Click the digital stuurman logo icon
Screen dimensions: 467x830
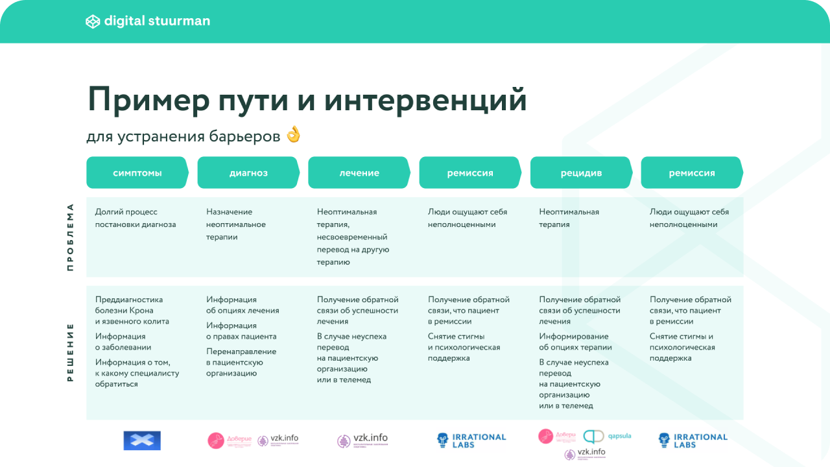coord(93,21)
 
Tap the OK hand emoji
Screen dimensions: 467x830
coord(294,135)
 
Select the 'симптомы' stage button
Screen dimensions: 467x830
coord(137,173)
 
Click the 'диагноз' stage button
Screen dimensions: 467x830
coord(248,173)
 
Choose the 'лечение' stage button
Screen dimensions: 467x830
coord(359,173)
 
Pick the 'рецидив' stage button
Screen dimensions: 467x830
coord(581,173)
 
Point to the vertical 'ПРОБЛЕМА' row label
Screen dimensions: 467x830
coord(70,237)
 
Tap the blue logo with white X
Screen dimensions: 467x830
coord(142,440)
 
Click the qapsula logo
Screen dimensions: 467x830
coord(608,436)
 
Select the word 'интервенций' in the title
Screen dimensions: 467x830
coord(425,100)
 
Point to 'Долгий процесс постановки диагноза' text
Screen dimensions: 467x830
coord(136,218)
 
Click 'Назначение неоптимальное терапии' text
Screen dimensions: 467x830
coord(236,224)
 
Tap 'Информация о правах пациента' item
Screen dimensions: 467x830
coord(241,331)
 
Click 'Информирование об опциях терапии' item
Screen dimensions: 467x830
coord(575,342)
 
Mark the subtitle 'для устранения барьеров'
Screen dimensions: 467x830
coord(183,136)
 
